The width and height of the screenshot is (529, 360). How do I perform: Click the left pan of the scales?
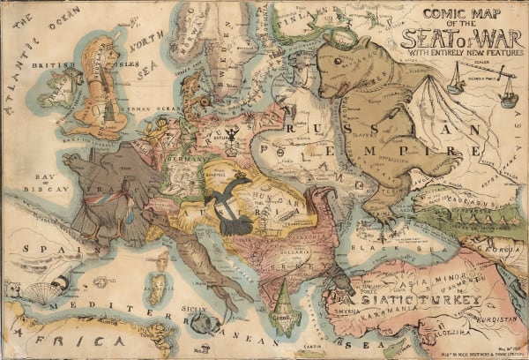pos(455,87)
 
